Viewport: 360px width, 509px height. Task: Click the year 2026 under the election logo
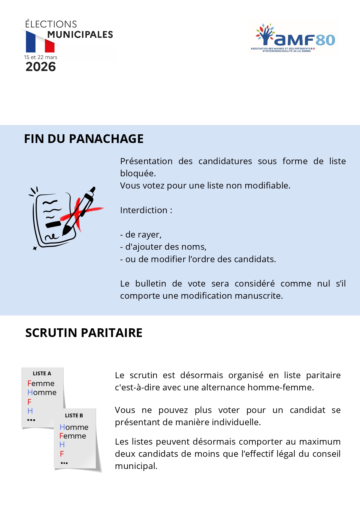click(x=41, y=67)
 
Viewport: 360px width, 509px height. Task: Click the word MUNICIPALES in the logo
click(x=80, y=35)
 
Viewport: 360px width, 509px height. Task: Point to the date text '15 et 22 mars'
click(x=41, y=57)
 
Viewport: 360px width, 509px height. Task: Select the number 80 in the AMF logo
click(x=325, y=40)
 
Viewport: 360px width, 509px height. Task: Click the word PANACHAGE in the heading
click(x=106, y=139)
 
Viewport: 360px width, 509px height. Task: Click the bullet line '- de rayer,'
click(x=141, y=234)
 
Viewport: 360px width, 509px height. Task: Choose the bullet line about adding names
click(x=163, y=247)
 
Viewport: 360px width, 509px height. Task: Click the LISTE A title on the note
click(x=42, y=373)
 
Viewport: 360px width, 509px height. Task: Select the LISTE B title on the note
click(x=74, y=415)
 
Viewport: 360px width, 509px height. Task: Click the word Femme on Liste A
click(x=41, y=383)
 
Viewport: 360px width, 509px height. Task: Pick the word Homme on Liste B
click(x=74, y=427)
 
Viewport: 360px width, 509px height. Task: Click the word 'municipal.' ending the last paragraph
click(x=136, y=466)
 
